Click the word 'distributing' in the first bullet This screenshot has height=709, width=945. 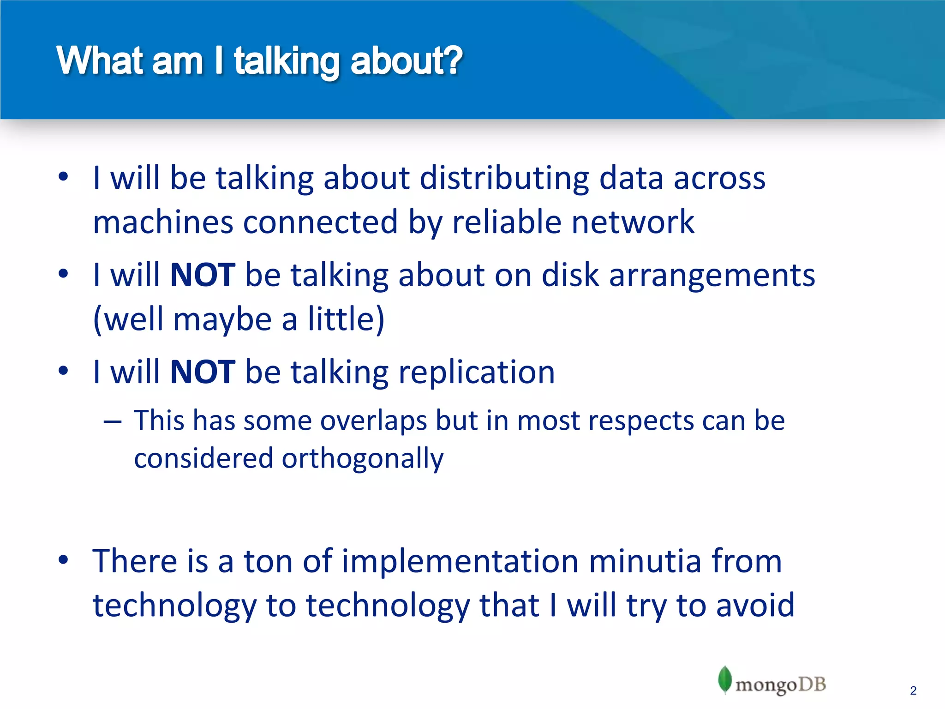[x=504, y=178]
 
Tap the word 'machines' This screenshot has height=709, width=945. [x=163, y=222]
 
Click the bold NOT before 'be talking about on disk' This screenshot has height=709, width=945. [x=203, y=275]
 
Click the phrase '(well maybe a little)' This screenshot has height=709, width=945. [x=239, y=319]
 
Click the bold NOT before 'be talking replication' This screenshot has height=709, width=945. [x=203, y=372]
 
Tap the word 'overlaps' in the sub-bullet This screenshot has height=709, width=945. [x=373, y=421]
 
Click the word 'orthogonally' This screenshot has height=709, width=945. [x=362, y=459]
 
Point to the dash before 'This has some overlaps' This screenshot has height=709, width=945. [x=113, y=421]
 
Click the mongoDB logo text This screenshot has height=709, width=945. [x=780, y=685]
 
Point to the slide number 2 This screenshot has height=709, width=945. [x=913, y=691]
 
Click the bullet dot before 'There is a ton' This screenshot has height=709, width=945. [x=63, y=560]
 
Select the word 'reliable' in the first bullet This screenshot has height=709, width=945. [x=506, y=222]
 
